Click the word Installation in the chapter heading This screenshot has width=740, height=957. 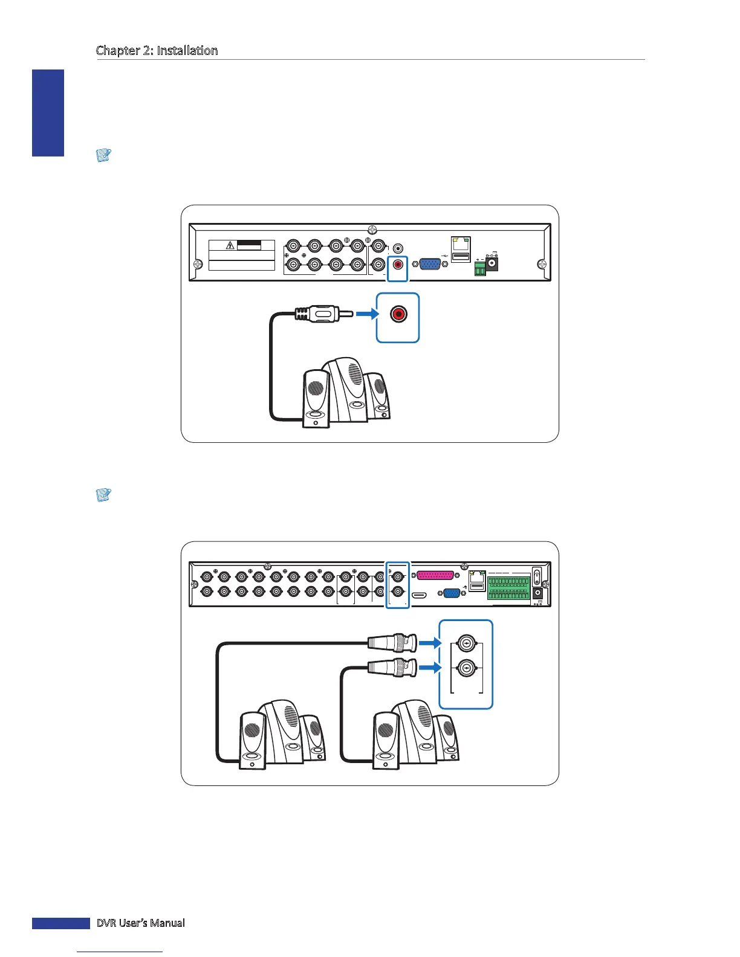pyautogui.click(x=187, y=51)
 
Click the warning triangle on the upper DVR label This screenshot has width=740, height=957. pyautogui.click(x=230, y=245)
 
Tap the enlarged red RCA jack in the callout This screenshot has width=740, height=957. pyautogui.click(x=398, y=315)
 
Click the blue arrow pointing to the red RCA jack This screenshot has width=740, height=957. pyautogui.click(x=366, y=314)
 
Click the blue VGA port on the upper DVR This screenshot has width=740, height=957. pyautogui.click(x=430, y=264)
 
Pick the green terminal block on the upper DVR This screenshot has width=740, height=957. pyautogui.click(x=480, y=268)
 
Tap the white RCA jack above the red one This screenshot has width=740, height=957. pyautogui.click(x=398, y=248)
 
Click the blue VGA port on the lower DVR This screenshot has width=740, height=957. pyautogui.click(x=452, y=593)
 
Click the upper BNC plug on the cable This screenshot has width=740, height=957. pyautogui.click(x=393, y=643)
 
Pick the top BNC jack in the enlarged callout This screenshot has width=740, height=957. pyautogui.click(x=466, y=644)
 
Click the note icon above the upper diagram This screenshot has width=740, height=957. pyautogui.click(x=103, y=155)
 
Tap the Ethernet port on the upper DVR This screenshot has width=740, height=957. pyautogui.click(x=461, y=243)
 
